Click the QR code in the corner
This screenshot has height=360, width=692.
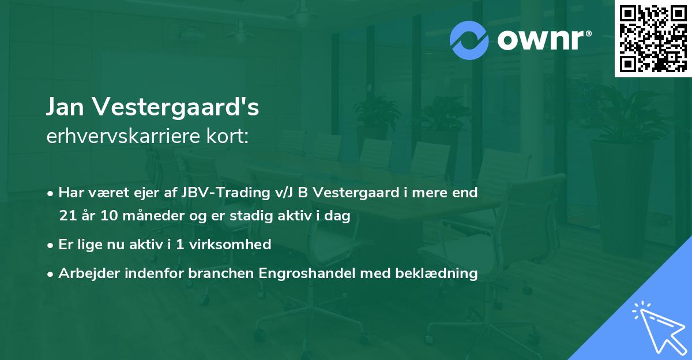pyautogui.click(x=653, y=39)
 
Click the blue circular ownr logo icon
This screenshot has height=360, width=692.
pyautogui.click(x=469, y=40)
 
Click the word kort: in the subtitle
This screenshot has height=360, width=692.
pyautogui.click(x=230, y=136)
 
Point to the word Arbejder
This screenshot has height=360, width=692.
pyautogui.click(x=84, y=273)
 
